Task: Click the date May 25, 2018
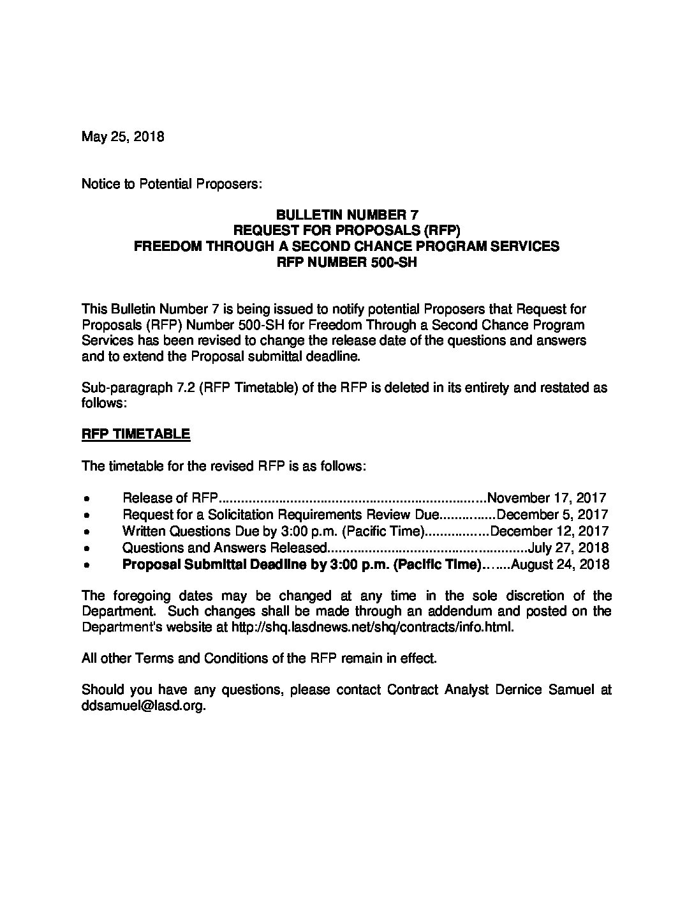click(122, 137)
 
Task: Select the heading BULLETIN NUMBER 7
click(346, 215)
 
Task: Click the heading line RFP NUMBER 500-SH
click(346, 262)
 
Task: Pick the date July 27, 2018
click(568, 548)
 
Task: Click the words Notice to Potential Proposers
click(172, 185)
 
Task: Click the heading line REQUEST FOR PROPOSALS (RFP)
click(346, 230)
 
